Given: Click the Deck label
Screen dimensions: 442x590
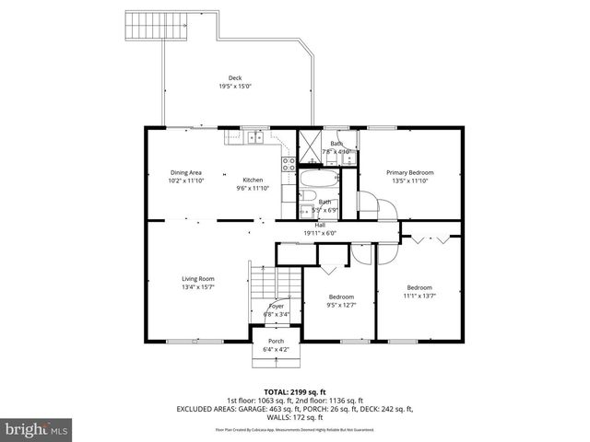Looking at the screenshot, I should [x=235, y=77].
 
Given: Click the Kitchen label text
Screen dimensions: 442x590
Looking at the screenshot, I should [x=253, y=180].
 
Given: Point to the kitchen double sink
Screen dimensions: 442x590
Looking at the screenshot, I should [x=254, y=138].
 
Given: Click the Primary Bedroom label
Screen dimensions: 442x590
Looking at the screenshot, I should [x=409, y=172].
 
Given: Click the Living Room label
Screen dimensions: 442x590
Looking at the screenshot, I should [x=197, y=279].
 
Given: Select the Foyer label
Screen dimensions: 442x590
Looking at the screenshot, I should [x=277, y=306].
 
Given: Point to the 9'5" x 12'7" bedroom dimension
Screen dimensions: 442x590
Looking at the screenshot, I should [x=342, y=305].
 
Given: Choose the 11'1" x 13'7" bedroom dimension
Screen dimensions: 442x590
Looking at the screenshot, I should [x=419, y=296].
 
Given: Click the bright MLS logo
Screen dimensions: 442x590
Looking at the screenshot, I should [x=37, y=429].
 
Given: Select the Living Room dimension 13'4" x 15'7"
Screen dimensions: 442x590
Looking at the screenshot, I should [x=197, y=287].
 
